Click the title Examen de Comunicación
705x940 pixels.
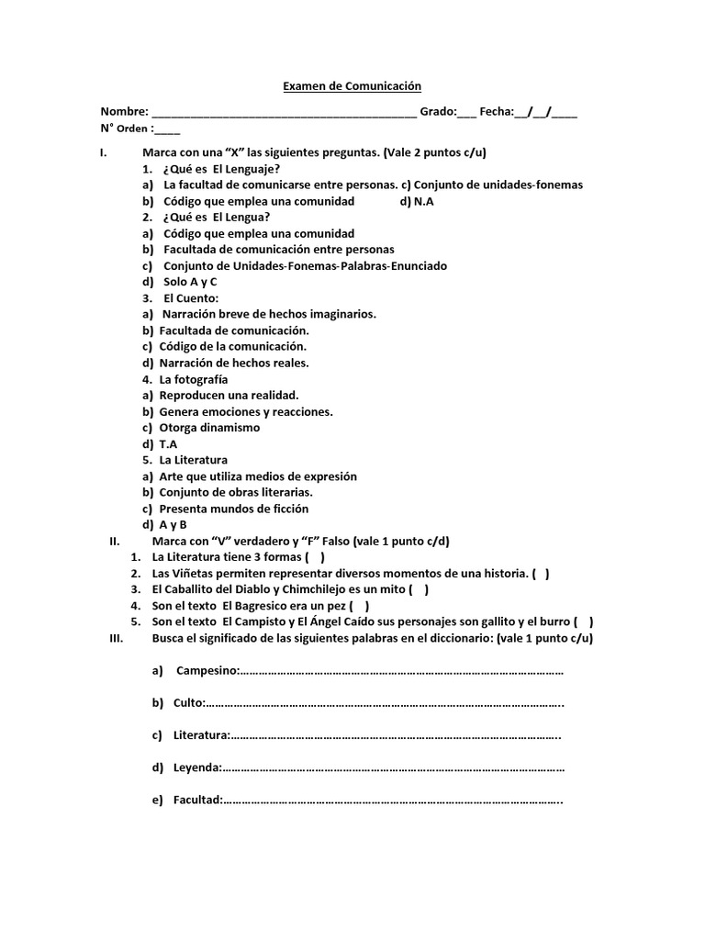[351, 86]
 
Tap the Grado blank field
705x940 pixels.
[467, 114]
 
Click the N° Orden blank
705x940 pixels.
[168, 130]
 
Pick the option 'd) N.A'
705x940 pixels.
[420, 201]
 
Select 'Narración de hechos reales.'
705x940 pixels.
[234, 363]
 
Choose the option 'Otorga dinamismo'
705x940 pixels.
[209, 427]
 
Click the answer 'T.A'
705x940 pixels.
[168, 443]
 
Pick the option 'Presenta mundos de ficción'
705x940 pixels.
[233, 508]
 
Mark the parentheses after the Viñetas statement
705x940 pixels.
[541, 574]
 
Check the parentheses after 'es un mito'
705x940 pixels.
[419, 589]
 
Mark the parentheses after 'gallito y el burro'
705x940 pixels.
[584, 621]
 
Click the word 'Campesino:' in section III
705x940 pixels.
[207, 671]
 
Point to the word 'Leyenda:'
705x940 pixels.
[196, 767]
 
